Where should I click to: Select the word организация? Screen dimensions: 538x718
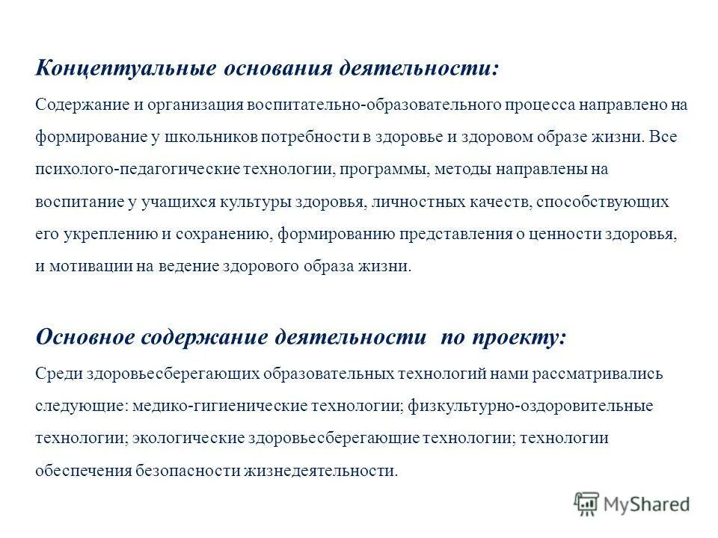[190, 105]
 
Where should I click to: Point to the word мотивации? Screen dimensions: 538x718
[83, 266]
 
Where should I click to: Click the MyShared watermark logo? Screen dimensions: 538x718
[632, 504]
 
